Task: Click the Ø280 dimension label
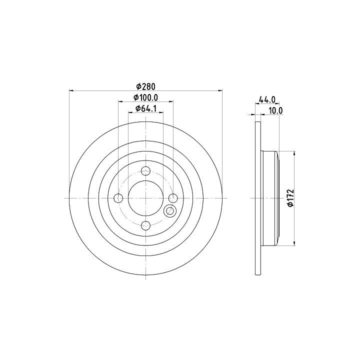(x=146, y=86)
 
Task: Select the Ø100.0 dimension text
(x=146, y=97)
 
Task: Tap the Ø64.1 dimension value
(x=146, y=108)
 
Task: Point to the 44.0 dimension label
(x=267, y=99)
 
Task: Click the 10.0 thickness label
(x=275, y=110)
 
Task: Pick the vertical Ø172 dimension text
(x=290, y=198)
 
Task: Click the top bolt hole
(x=146, y=171)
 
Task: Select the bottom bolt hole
(x=146, y=225)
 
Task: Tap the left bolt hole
(x=118, y=198)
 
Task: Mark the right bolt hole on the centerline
(x=173, y=198)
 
